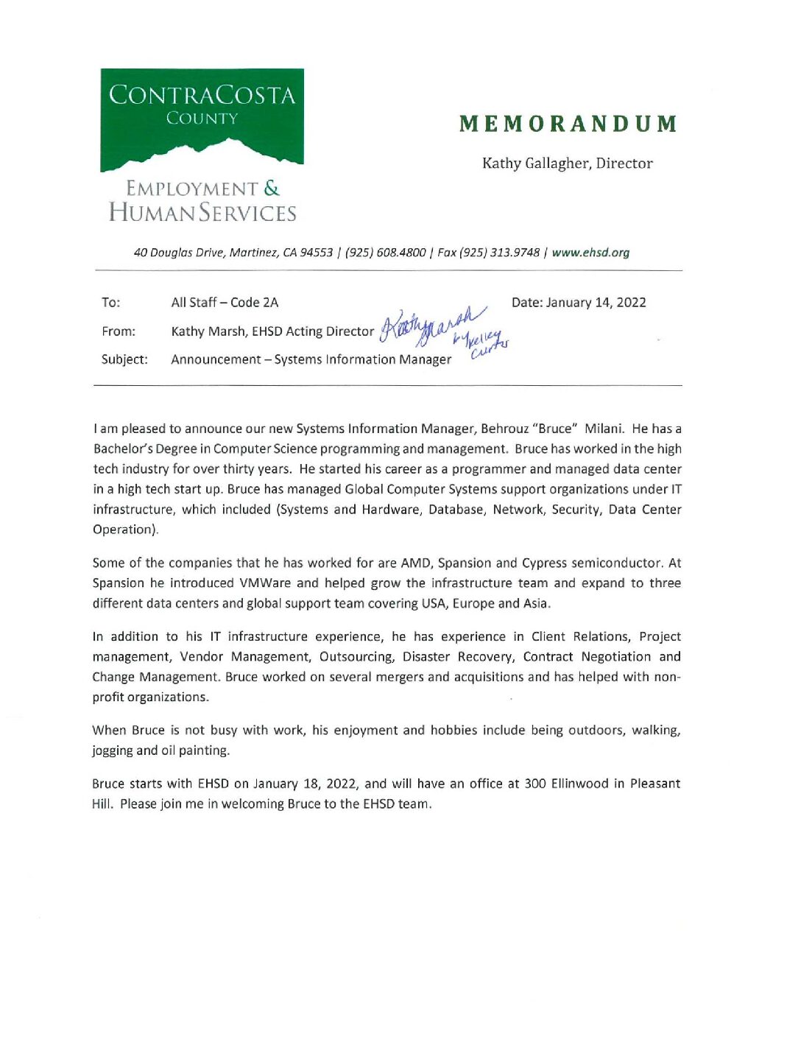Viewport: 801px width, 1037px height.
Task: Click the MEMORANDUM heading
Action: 568,124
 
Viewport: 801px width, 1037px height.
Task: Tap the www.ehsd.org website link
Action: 590,253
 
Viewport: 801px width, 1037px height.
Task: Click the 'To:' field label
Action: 110,303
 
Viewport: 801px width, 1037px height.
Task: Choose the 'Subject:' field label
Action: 124,359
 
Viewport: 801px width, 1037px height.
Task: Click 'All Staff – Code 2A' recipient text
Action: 225,303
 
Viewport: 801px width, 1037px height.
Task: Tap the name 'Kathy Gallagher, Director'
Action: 567,164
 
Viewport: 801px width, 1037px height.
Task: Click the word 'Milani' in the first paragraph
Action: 604,429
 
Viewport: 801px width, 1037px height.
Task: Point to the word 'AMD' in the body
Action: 415,563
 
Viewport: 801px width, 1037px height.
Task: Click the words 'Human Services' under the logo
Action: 202,214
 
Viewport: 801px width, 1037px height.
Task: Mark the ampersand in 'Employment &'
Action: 272,189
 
